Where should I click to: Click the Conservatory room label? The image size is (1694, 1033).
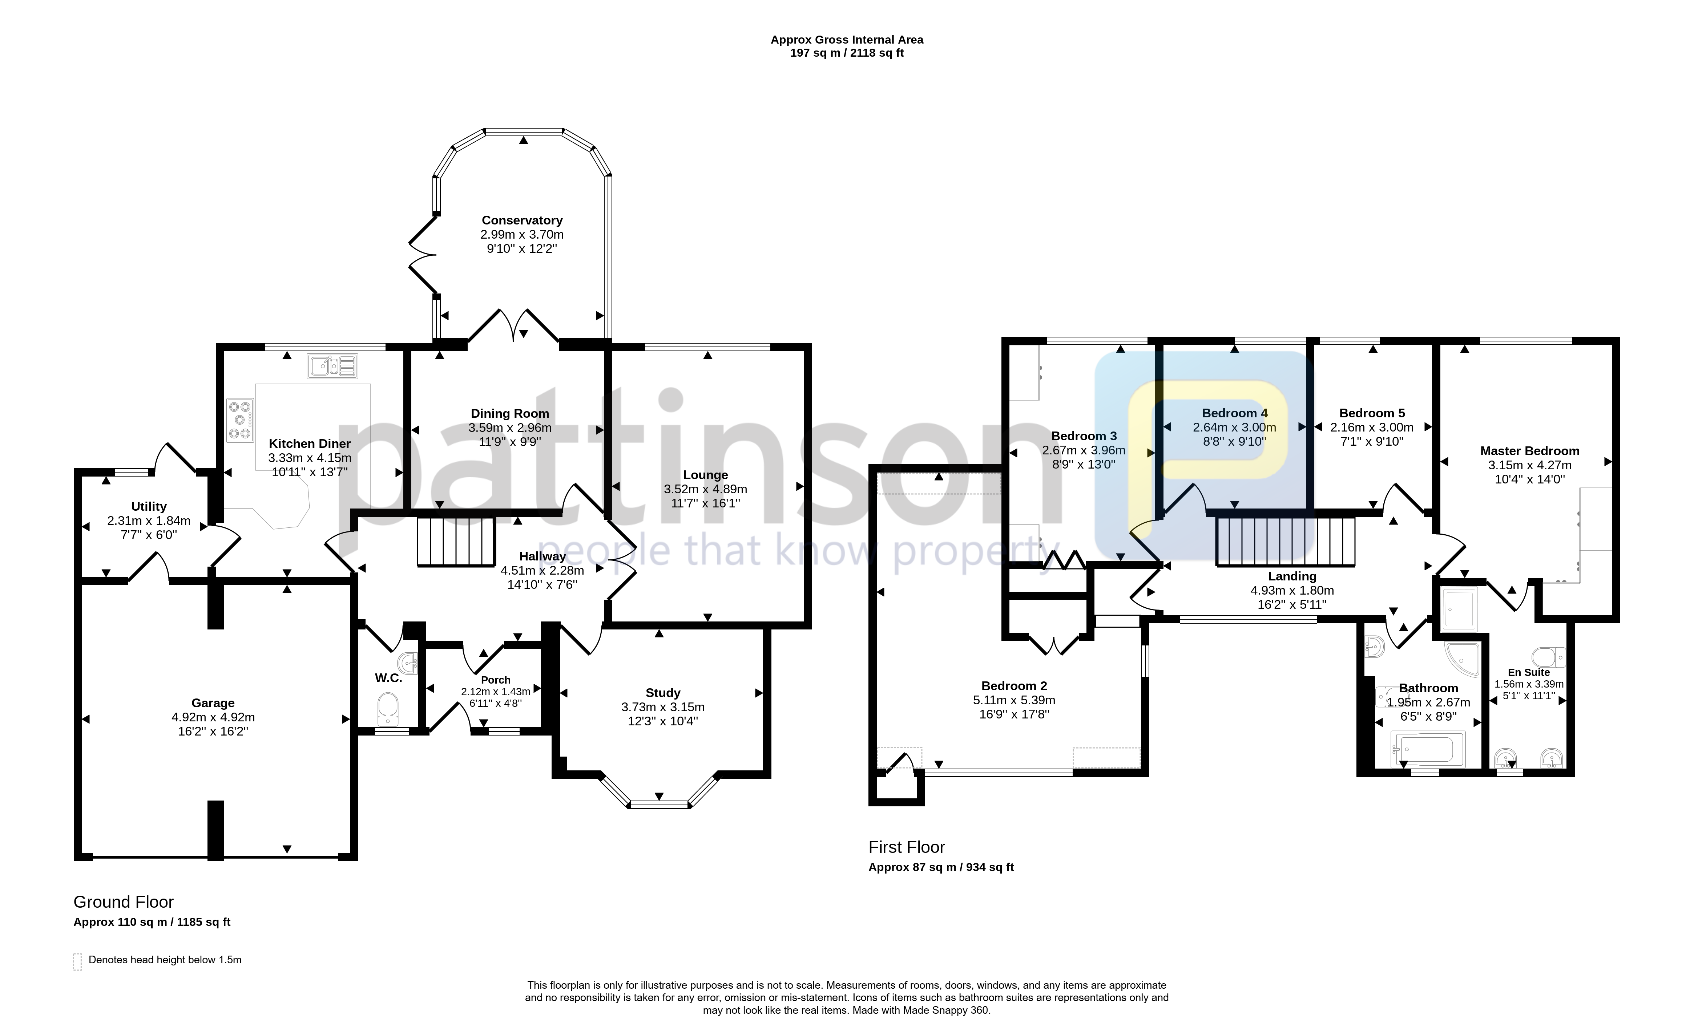[522, 220]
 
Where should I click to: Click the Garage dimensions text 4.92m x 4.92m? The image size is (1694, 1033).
[213, 717]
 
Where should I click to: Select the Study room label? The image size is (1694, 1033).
[663, 693]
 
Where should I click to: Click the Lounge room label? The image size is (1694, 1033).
[705, 475]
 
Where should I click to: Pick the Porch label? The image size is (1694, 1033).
[496, 680]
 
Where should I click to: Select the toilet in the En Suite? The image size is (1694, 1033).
[1548, 657]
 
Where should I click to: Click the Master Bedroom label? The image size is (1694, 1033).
[1530, 451]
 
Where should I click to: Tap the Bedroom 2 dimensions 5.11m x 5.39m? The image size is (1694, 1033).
[1014, 700]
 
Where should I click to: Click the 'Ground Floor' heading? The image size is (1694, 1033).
[124, 902]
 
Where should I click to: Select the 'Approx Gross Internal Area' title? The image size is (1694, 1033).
[847, 40]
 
